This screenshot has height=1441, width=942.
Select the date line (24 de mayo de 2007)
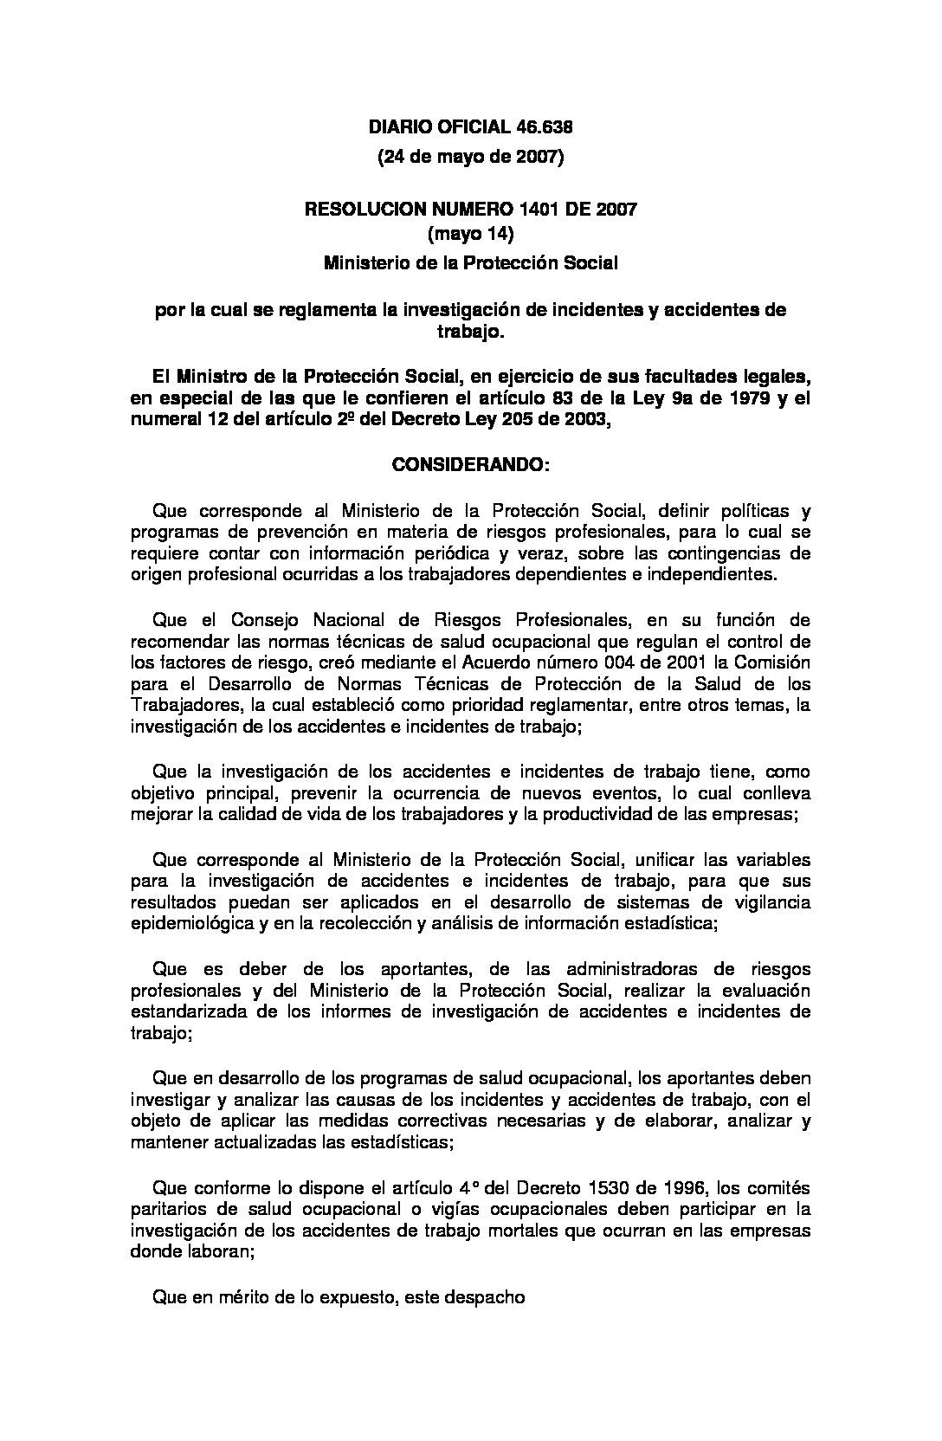point(470,158)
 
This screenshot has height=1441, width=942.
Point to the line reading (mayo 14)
point(471,234)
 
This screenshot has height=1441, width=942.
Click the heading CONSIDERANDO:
point(470,465)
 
